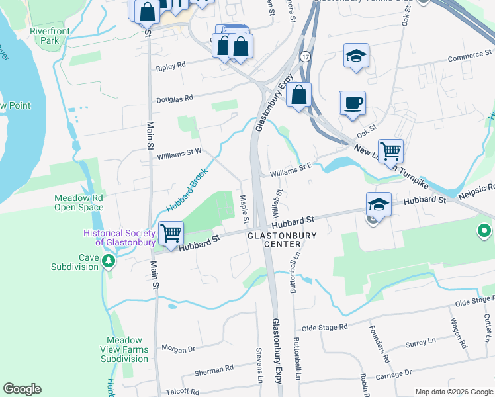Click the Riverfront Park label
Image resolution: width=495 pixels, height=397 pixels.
(x=44, y=36)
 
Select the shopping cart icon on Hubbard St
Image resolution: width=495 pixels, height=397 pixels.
(x=171, y=234)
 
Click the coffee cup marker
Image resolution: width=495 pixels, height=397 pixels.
(x=353, y=103)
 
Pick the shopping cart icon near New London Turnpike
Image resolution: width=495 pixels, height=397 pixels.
(x=390, y=151)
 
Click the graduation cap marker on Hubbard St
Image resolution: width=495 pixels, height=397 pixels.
(x=379, y=204)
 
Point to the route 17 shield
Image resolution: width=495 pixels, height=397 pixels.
(x=304, y=57)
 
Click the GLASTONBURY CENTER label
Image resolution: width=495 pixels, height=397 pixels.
(x=282, y=240)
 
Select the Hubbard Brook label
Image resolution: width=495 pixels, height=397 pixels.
(x=187, y=190)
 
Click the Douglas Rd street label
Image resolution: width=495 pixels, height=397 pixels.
(x=174, y=99)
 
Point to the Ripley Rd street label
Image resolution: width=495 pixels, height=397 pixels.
(x=171, y=67)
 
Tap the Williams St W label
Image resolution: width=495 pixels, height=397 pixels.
(x=179, y=156)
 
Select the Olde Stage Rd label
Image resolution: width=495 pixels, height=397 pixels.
(x=324, y=327)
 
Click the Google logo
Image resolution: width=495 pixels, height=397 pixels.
(x=22, y=389)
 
